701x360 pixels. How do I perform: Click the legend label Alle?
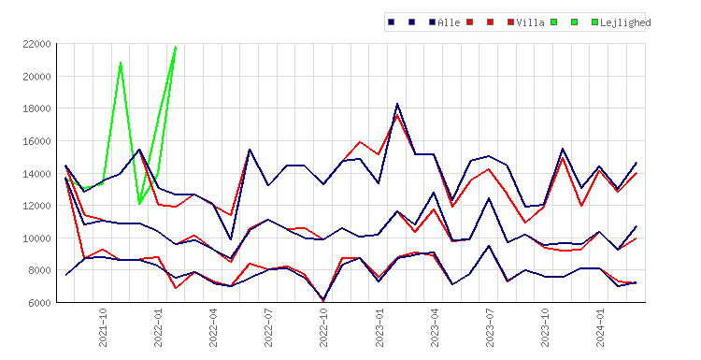coord(449,22)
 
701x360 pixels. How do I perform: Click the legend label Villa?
coord(530,22)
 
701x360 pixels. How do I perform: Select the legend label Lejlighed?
coord(625,22)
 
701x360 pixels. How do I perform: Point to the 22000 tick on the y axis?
coord(36,44)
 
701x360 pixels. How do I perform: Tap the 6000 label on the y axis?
coord(39,303)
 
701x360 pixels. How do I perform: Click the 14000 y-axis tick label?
coord(36,174)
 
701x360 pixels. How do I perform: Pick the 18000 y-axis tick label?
coord(36,108)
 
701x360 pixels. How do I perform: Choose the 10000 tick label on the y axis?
coord(36,238)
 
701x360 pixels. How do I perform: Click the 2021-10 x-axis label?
coord(103,327)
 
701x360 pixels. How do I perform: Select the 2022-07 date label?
coord(268,327)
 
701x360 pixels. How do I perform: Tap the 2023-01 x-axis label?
coord(379,327)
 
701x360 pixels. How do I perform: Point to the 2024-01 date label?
coord(600,327)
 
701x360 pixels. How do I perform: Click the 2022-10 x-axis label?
coord(323,327)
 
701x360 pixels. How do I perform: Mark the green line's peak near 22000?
coord(176,46)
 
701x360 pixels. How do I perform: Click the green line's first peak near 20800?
coord(121,63)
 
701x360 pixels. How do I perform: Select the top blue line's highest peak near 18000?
coord(397,104)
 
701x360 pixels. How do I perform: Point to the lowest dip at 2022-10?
coord(323,300)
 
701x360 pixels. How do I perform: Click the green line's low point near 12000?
coord(139,204)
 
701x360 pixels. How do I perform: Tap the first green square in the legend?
coord(554,22)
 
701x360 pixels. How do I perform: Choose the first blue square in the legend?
coord(392,22)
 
